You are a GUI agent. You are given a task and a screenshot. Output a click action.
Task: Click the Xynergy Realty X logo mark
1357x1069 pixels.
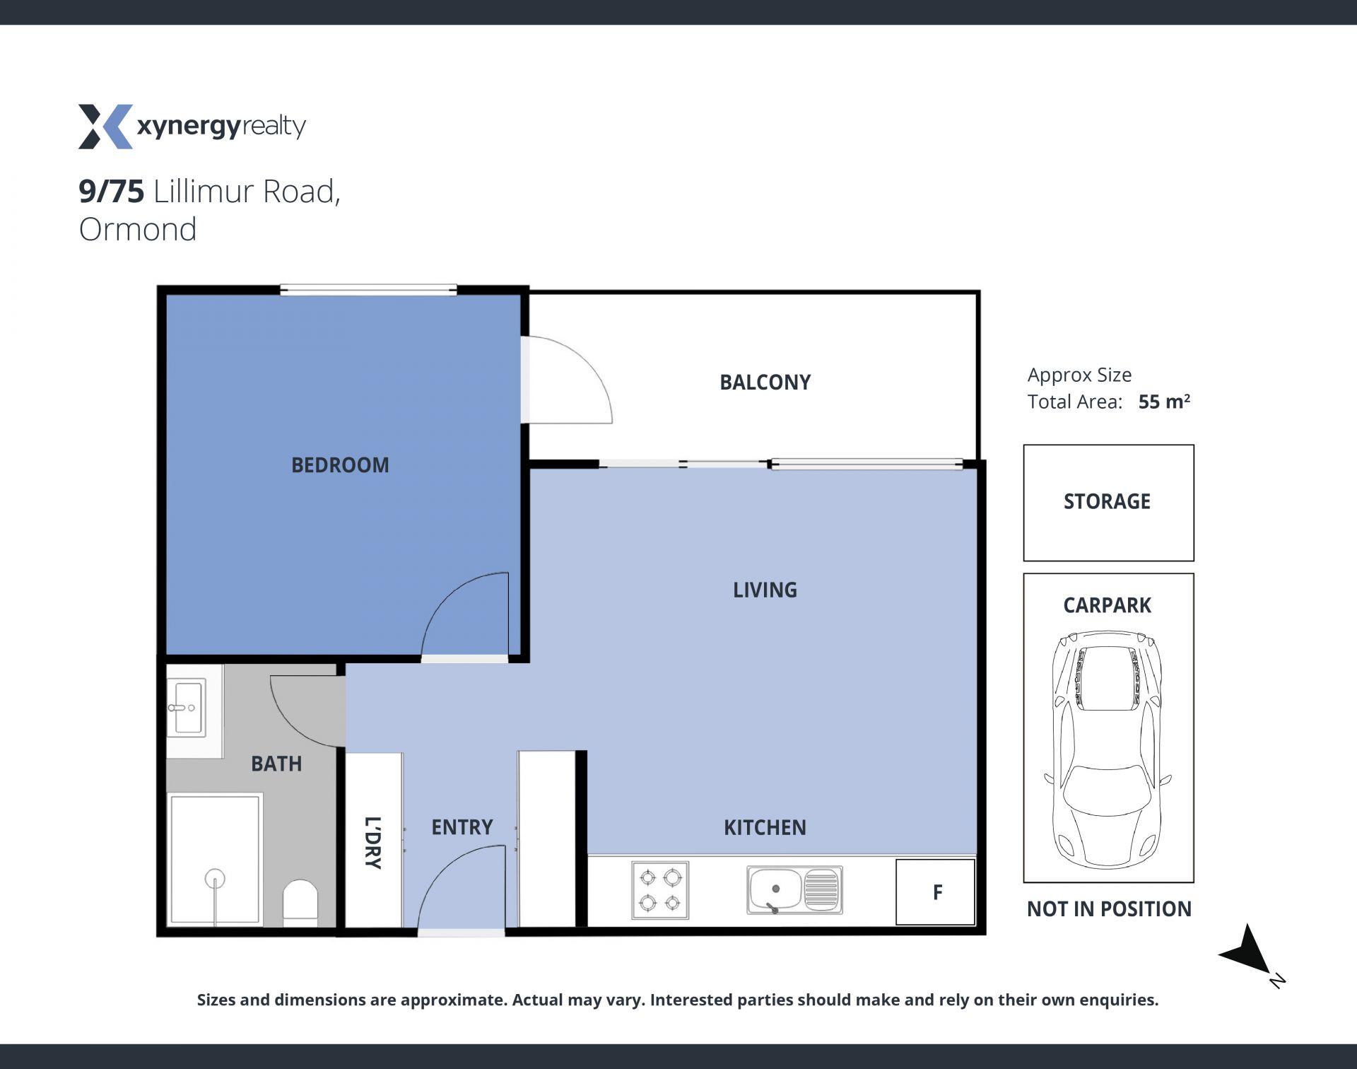[x=105, y=127]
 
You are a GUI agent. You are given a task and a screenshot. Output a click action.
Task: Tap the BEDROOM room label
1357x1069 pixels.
[x=340, y=465]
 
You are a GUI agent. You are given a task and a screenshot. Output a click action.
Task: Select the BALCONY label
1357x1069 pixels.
[x=765, y=382]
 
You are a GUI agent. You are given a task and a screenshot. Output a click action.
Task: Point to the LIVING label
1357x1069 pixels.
[x=765, y=590]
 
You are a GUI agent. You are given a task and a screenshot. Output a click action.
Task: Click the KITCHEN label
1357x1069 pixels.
[x=765, y=828]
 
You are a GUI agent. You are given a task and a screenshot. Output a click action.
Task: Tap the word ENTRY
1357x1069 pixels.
[x=462, y=827]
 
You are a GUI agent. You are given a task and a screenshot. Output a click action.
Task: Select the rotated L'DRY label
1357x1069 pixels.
[x=372, y=843]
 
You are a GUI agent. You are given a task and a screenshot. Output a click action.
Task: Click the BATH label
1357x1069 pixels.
[x=276, y=764]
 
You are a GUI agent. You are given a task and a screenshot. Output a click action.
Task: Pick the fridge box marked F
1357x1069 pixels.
[x=936, y=892]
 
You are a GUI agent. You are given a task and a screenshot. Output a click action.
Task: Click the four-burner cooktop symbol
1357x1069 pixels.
[x=660, y=890]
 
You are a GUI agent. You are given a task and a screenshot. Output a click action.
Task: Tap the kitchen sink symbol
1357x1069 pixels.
[x=794, y=890]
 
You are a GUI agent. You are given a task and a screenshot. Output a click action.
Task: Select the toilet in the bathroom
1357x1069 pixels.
[x=300, y=902]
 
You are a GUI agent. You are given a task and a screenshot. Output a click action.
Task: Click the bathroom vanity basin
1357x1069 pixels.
[x=187, y=707]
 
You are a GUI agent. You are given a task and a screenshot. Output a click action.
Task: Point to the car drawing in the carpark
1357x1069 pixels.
[x=1108, y=749]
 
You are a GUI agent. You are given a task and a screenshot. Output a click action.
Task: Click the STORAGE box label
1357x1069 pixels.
[x=1107, y=501]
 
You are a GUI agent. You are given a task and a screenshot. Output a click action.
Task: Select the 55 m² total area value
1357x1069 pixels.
[x=1164, y=402]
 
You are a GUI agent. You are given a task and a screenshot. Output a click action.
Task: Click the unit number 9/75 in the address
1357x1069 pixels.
[x=111, y=192]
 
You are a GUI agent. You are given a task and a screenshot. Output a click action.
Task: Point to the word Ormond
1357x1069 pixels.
[x=138, y=230]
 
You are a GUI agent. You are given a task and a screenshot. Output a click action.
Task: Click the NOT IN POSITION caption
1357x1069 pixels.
[x=1109, y=909]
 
